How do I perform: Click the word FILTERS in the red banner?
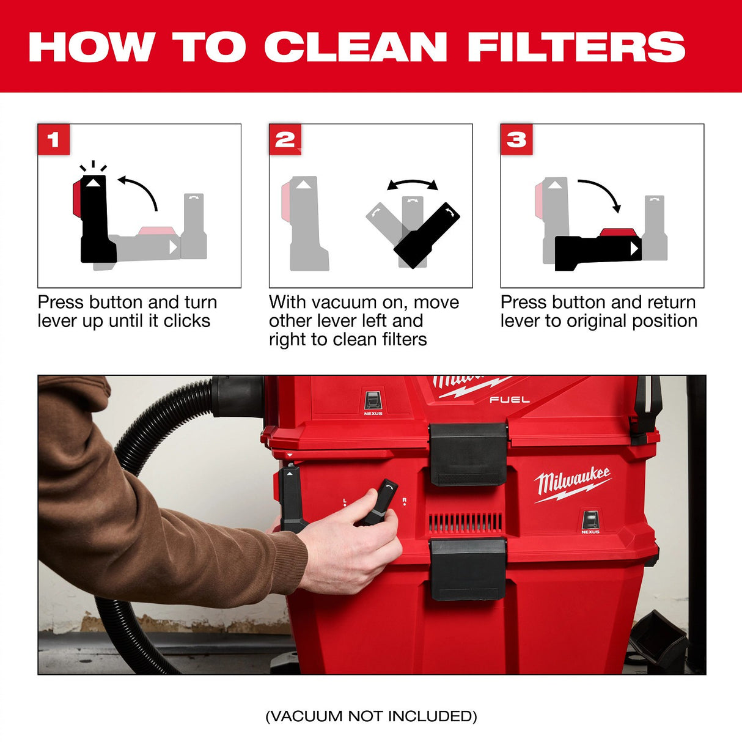tap(576, 47)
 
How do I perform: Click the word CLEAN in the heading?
tap(356, 47)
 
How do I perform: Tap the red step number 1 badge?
tap(54, 139)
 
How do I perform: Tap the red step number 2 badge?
tap(285, 139)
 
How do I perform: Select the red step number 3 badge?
tap(516, 139)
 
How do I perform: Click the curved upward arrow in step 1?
tap(139, 190)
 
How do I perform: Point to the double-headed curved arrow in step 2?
tap(413, 183)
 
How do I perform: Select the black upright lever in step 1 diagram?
tap(96, 220)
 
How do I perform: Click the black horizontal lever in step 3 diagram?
tap(596, 251)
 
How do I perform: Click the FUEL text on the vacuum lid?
tap(509, 400)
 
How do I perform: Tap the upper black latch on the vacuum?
tap(468, 453)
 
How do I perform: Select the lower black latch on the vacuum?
tap(468, 568)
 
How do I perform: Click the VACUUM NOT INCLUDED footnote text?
tap(371, 716)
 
